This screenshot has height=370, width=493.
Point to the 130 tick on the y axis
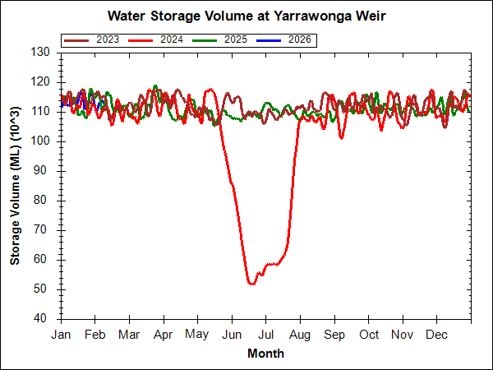coord(44,53)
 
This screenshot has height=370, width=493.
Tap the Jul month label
coord(265,335)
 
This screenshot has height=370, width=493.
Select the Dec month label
coord(436,335)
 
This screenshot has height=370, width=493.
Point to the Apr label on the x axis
coord(163,335)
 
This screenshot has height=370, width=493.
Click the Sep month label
coord(334,335)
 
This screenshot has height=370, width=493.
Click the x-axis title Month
coord(265,354)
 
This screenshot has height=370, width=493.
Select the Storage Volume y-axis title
coord(16,184)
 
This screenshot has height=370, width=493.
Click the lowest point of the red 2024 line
coord(251,284)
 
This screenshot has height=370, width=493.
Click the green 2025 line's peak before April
coord(155,86)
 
